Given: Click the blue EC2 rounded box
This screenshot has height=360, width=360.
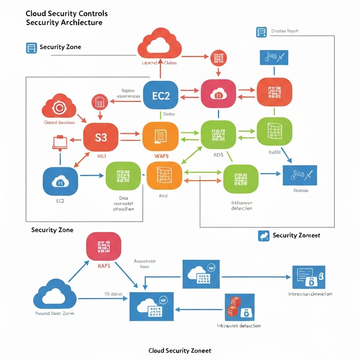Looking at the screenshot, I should pos(161,95).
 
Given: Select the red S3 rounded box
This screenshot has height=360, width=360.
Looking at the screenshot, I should pos(101,137).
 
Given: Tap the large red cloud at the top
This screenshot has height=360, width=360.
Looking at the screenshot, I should pos(160,45).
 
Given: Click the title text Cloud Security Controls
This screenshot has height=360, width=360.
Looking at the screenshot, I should pos(66,14).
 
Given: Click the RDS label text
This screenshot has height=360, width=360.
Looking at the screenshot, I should pos(218,155).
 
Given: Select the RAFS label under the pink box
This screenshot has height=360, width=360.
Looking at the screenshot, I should pos(104,266).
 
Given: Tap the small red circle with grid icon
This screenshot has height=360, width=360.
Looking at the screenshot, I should pos(218,58).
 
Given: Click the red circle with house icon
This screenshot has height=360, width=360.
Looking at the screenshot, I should pos(99,102).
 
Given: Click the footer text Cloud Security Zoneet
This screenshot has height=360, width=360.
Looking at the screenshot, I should pos(180,351).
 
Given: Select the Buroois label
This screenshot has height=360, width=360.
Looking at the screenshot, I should pos(301,190).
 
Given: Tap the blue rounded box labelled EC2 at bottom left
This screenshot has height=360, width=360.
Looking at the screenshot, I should pos(60,181).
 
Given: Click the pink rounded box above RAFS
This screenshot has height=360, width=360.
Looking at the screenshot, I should pos(104,246).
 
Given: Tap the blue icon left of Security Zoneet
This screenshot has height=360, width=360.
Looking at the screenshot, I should pos(263,236).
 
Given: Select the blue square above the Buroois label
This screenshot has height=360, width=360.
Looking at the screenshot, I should pos(300,175).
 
